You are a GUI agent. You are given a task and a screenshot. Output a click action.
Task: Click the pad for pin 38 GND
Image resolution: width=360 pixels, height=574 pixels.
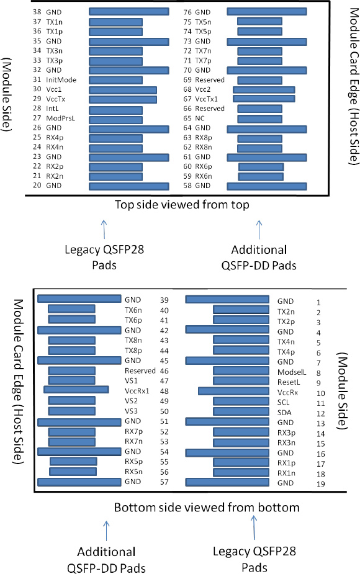coord(128,11)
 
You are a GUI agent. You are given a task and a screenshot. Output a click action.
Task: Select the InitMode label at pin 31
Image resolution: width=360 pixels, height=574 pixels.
coord(61,80)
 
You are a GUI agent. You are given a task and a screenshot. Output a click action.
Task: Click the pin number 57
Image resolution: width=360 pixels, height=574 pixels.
coord(164,482)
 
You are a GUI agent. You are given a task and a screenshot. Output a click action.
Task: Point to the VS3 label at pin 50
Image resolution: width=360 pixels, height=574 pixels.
coord(130,411)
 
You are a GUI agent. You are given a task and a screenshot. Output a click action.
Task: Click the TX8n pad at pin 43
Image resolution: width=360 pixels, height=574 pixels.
coord(71,341)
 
